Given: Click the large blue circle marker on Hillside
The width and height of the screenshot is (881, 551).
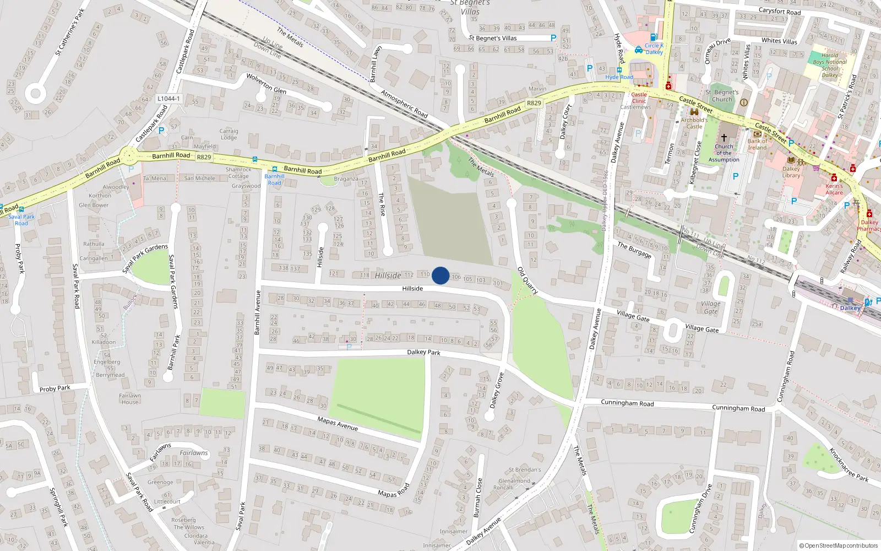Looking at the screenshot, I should tap(440, 275).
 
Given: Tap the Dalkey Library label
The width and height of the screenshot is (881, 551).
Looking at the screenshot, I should tap(791, 172).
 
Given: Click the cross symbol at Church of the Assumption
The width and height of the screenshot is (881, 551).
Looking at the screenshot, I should tap(724, 137).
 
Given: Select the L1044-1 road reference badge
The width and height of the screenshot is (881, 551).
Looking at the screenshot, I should tap(168, 99).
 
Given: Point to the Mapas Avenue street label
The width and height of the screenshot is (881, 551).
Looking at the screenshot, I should tap(338, 424).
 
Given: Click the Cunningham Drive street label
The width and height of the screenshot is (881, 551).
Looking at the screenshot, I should tap(700, 509).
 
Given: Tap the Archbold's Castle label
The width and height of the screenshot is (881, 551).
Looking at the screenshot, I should tap(694, 123).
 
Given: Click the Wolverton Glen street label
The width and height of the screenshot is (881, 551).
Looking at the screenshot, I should tap(266, 83).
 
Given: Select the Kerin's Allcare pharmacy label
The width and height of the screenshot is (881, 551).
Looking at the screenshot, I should tap(834, 189).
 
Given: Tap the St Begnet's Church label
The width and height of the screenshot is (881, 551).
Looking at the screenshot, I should tap(722, 96).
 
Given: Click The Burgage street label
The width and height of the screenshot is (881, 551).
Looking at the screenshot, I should tap(634, 250).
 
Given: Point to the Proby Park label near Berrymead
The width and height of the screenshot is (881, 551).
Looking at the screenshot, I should tap(55, 388).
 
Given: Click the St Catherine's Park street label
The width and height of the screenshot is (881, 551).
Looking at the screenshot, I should tap(70, 32).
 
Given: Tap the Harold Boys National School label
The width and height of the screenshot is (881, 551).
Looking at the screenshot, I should tap(830, 65).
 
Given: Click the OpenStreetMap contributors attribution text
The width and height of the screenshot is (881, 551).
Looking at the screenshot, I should tap(839, 545).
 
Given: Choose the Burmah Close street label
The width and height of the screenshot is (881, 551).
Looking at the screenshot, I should tap(477, 498).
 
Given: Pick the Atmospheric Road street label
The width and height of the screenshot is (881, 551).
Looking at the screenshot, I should tap(404, 104).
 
